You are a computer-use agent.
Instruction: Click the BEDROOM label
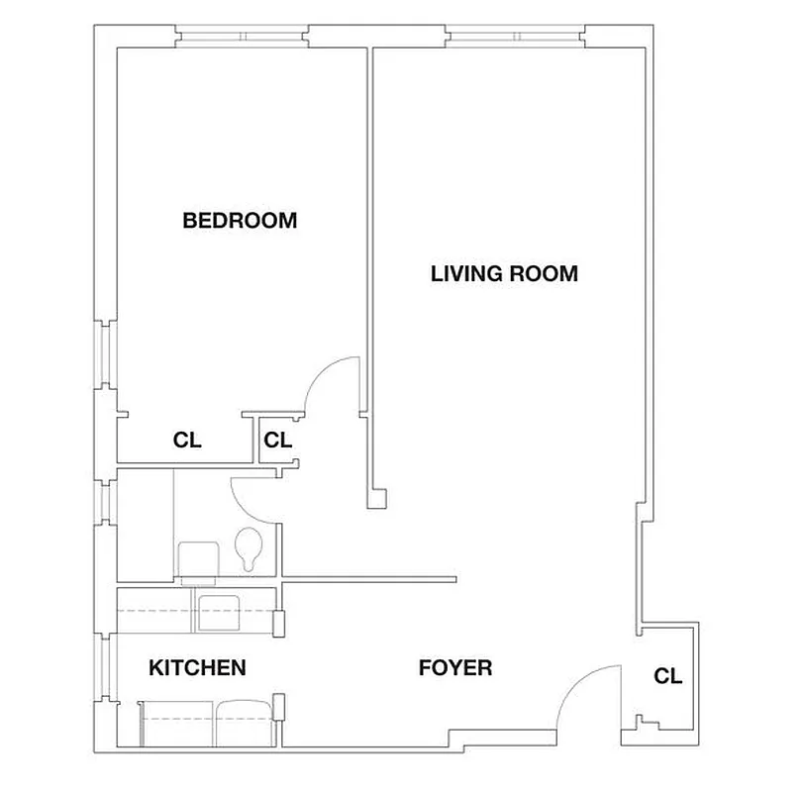coord(240,221)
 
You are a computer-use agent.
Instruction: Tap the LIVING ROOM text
coord(504,273)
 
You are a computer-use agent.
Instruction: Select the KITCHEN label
coord(197,668)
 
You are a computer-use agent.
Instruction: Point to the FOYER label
coord(455,668)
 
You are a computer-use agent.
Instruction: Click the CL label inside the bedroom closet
coord(187,441)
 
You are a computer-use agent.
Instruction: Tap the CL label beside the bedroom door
coord(278,441)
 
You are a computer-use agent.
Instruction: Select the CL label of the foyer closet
coord(668,677)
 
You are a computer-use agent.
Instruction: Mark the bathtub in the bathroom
coord(146,525)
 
